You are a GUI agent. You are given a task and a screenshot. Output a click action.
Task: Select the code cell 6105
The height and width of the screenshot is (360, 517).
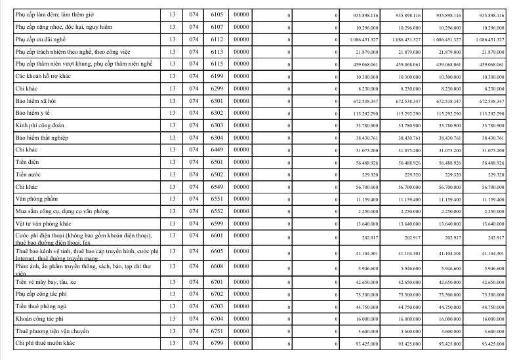point(218,15)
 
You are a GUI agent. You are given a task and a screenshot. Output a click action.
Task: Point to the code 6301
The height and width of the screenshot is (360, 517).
point(218,102)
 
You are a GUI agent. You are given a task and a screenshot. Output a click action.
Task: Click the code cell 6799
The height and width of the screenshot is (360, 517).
point(218,344)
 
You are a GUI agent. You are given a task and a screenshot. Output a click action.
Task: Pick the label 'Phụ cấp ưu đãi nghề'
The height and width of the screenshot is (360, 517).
point(41,40)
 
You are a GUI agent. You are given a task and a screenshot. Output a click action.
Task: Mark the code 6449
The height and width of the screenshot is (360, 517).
point(218,151)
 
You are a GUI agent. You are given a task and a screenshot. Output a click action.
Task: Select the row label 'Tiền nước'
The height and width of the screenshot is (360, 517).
point(29,175)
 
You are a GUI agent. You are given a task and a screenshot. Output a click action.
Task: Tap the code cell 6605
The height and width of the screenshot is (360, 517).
point(218,251)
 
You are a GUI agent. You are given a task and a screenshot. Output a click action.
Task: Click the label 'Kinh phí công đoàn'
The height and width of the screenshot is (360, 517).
point(40,126)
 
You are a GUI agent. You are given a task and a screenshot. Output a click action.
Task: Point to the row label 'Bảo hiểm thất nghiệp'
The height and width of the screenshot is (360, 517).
point(42,138)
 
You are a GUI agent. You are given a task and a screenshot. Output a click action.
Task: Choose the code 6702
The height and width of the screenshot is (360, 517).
point(218,294)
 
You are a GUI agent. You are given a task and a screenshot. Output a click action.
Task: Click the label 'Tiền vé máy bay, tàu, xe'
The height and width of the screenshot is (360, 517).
point(46,282)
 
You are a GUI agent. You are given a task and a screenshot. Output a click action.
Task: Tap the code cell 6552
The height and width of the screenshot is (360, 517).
point(218,211)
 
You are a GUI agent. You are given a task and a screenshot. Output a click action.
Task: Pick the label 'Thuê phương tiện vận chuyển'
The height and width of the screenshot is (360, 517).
point(51,331)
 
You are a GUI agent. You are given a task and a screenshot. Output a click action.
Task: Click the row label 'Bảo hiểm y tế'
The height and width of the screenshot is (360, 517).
point(33,114)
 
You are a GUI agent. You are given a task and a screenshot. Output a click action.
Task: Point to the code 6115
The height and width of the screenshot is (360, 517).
point(218,64)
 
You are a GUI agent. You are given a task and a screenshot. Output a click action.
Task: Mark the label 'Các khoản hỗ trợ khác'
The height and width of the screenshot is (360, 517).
point(44,77)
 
